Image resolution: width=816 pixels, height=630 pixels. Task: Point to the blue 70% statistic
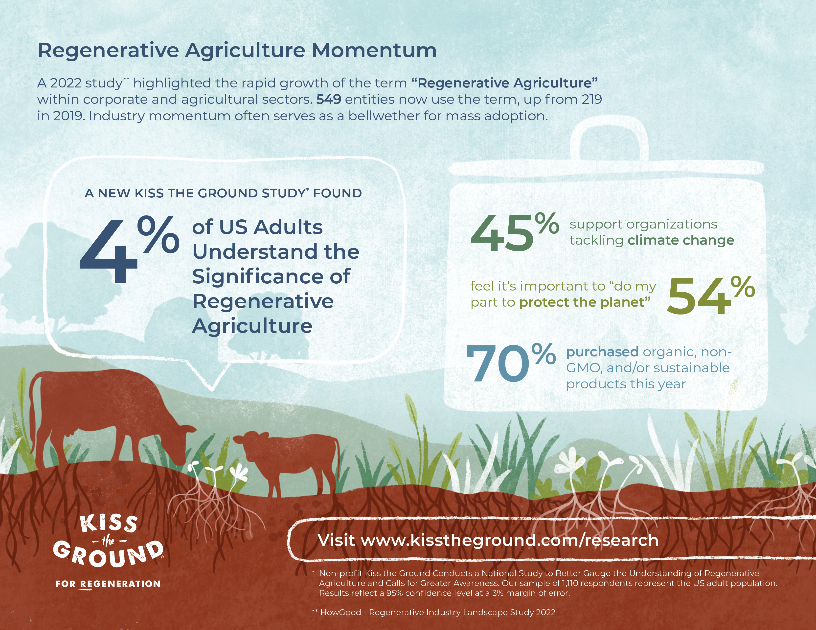coord(511,362)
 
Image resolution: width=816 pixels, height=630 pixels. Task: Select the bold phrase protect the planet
coord(585,302)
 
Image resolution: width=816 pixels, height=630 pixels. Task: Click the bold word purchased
coord(602,352)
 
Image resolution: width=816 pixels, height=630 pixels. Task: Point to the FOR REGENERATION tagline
coord(108,584)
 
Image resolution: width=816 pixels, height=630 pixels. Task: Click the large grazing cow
coord(108,418)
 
